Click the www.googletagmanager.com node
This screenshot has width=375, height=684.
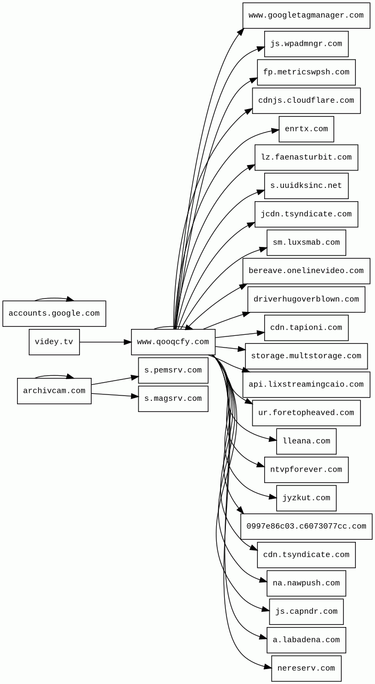[x=306, y=15]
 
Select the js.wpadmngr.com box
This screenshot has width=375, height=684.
[x=306, y=44]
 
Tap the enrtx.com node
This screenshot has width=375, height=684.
[x=306, y=129]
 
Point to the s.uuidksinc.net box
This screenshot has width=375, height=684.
[x=306, y=186]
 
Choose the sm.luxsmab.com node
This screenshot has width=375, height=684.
[x=306, y=243]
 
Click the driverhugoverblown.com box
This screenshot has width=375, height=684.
[x=306, y=299]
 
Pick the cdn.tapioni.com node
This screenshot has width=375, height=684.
[x=306, y=328]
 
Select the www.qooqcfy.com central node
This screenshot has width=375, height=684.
[x=173, y=342]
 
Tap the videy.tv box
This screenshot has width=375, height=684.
[x=54, y=342]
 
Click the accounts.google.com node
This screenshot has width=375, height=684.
[x=54, y=314]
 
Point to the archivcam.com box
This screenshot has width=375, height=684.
[x=54, y=391]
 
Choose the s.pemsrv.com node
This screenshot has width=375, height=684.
[x=173, y=370]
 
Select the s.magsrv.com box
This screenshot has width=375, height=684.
[x=173, y=399]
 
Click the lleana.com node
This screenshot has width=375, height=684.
[x=306, y=441]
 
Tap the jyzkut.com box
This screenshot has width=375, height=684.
[x=306, y=498]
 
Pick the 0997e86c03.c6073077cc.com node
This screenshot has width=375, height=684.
[x=306, y=526]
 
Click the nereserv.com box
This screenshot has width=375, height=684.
[x=306, y=669]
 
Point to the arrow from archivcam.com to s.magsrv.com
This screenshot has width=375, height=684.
[x=115, y=395]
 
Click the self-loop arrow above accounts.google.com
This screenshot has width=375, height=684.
[x=54, y=299]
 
